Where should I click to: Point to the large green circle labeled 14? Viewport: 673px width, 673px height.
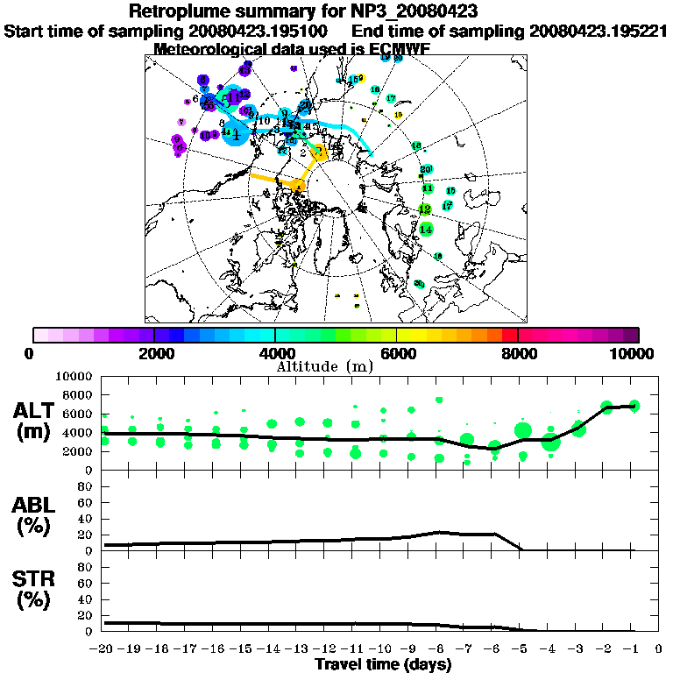click(426, 230)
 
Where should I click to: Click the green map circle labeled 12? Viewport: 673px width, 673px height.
click(425, 209)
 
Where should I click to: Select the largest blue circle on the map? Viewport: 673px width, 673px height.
click(236, 132)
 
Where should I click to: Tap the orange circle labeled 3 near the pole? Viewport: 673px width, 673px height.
click(321, 152)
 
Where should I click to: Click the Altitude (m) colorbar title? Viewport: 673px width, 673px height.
click(336, 365)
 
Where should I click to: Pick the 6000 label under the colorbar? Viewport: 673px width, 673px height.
click(397, 353)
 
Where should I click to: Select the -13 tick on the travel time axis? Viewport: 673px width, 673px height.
click(299, 650)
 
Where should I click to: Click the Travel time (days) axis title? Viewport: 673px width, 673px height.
click(383, 665)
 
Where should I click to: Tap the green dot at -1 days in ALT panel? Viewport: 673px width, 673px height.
click(634, 406)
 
